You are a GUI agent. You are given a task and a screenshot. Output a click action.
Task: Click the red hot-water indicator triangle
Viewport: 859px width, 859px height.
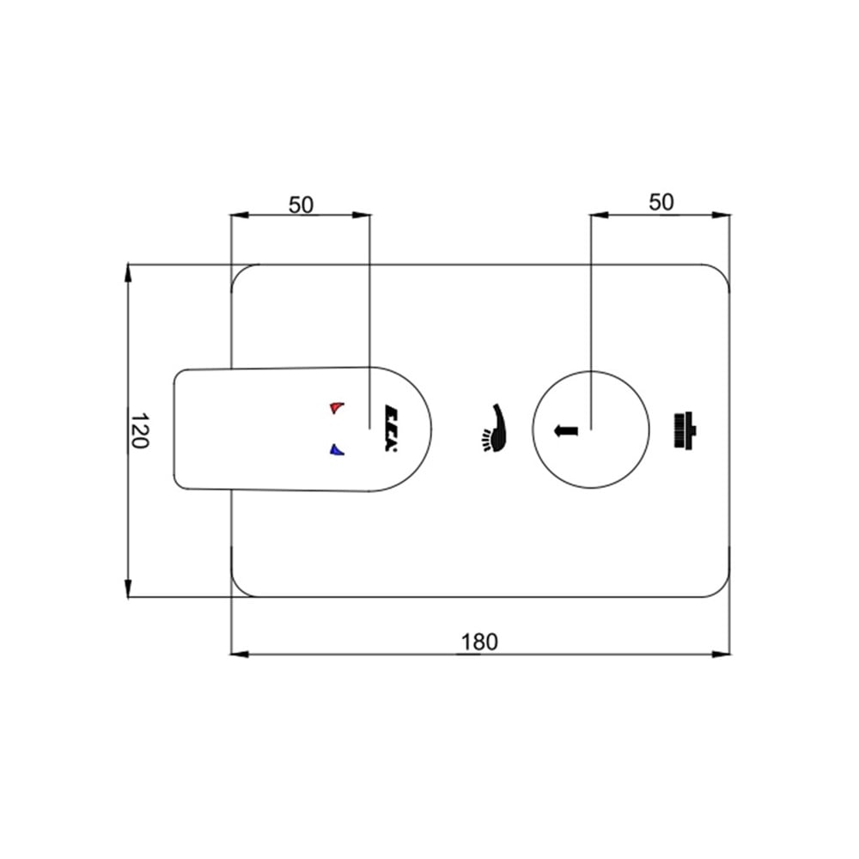(337, 408)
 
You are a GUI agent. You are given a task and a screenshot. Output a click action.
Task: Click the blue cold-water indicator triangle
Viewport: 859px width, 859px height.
(337, 450)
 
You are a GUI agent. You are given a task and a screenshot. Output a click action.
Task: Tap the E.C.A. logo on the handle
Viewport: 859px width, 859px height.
(391, 429)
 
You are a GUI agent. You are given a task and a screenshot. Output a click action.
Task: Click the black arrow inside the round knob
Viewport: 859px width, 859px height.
(566, 430)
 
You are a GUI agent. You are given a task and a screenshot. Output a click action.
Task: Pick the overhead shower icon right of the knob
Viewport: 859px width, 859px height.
(685, 430)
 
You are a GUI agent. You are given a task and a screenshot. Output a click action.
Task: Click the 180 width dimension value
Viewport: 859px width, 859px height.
(479, 642)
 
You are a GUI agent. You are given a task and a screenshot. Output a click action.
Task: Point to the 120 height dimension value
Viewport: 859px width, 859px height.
(139, 430)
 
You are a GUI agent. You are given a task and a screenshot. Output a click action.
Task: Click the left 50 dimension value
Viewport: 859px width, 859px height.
(301, 205)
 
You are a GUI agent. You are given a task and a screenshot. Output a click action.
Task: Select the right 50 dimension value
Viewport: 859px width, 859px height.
(661, 202)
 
